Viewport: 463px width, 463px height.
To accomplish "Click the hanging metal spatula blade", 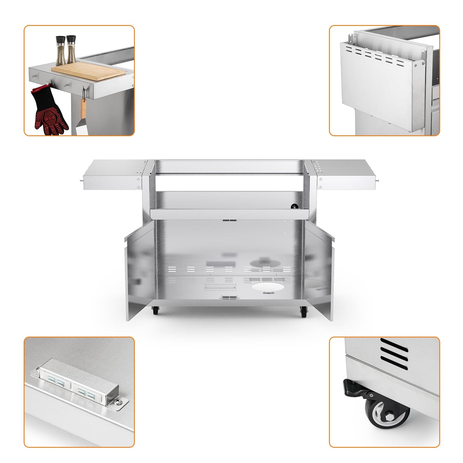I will (80, 128).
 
